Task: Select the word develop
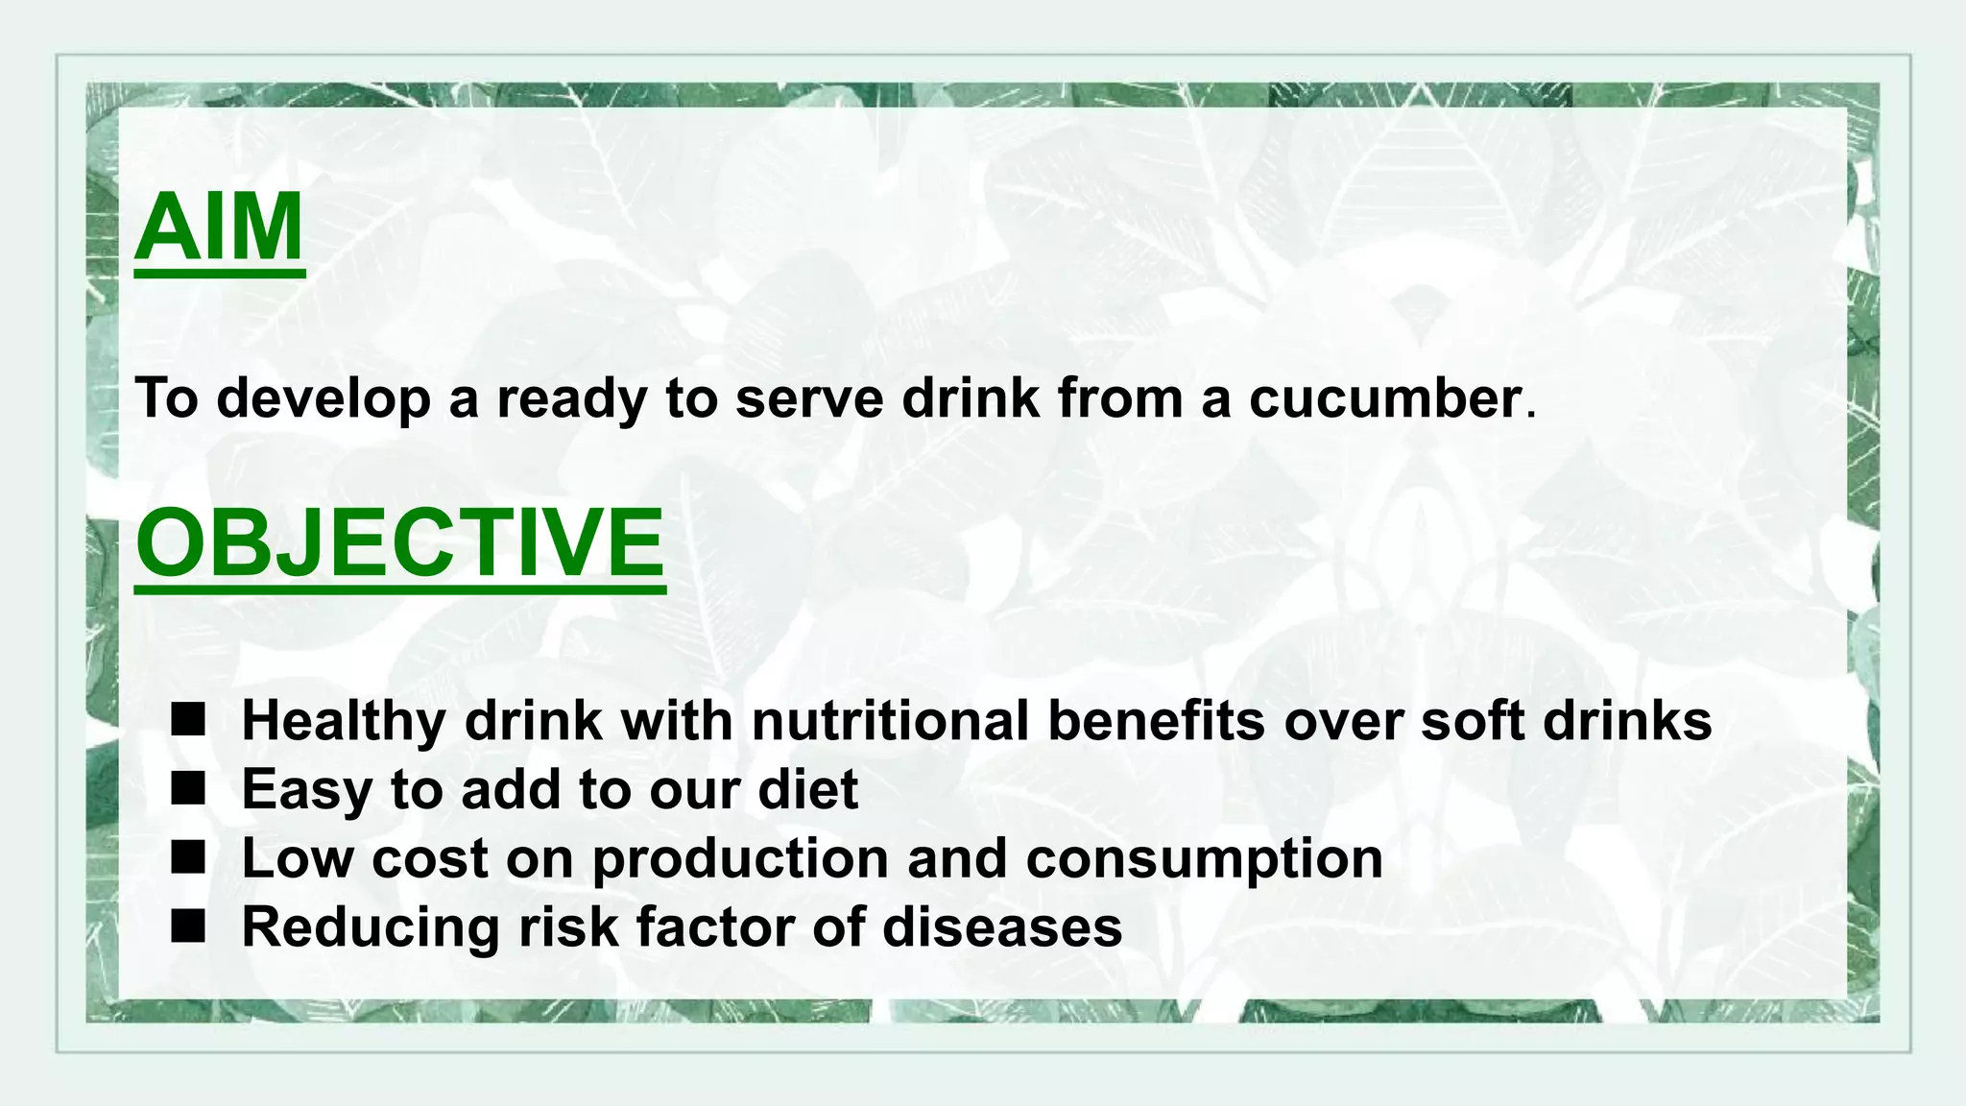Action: pos(324,399)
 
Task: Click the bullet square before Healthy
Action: pos(188,720)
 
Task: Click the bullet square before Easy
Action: pos(188,789)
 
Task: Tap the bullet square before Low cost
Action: pos(188,857)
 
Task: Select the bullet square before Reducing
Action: pos(188,926)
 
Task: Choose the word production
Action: pos(740,859)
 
